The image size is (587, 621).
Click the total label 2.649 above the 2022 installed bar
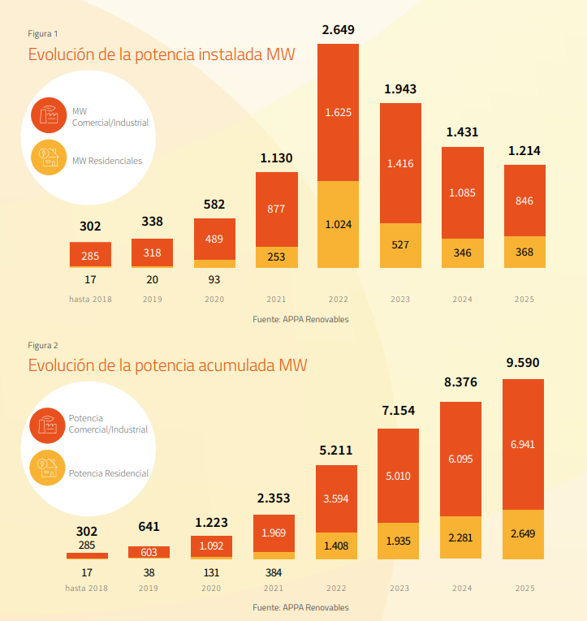click(x=338, y=30)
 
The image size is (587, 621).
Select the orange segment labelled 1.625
click(x=338, y=112)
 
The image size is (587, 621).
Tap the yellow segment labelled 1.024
click(x=338, y=224)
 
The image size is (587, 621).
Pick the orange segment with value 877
click(x=276, y=209)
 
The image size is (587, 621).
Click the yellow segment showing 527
click(x=400, y=245)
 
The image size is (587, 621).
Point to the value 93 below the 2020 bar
click(x=214, y=279)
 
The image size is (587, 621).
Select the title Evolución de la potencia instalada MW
click(x=162, y=55)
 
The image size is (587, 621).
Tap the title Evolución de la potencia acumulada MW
click(x=168, y=365)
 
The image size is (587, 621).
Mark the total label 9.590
click(x=523, y=363)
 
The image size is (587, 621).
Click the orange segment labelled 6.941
click(x=523, y=444)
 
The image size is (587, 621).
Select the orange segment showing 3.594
click(x=337, y=498)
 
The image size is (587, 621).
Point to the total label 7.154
click(x=399, y=411)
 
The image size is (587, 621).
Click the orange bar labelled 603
click(x=149, y=552)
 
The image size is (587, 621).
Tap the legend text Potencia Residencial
click(x=109, y=472)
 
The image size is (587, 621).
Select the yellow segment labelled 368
click(x=524, y=252)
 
